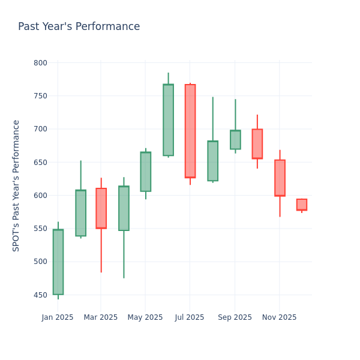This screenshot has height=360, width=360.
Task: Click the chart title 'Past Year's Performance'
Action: pyautogui.click(x=79, y=27)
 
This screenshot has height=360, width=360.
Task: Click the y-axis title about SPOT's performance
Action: pyautogui.click(x=16, y=185)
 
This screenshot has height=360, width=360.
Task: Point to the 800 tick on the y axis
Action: pyautogui.click(x=40, y=63)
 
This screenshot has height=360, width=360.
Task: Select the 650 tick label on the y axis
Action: pyautogui.click(x=40, y=162)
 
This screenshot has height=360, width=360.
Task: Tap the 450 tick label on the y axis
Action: pyautogui.click(x=40, y=295)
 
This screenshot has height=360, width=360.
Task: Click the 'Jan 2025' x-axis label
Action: pyautogui.click(x=58, y=317)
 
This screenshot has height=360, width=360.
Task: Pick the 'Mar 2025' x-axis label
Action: pyautogui.click(x=101, y=317)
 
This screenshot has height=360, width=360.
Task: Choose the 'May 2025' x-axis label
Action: pyautogui.click(x=145, y=317)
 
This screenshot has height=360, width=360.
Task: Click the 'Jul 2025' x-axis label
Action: pyautogui.click(x=190, y=317)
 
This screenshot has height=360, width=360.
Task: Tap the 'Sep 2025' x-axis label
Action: pyautogui.click(x=235, y=317)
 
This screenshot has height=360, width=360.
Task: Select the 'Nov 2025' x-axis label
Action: pyautogui.click(x=280, y=317)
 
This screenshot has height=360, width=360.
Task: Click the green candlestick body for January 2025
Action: pyautogui.click(x=58, y=262)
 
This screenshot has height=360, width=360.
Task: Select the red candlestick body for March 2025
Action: pyautogui.click(x=101, y=208)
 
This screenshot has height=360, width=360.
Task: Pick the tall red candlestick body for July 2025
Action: pyautogui.click(x=190, y=131)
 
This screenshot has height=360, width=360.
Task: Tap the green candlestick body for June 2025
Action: pyautogui.click(x=168, y=120)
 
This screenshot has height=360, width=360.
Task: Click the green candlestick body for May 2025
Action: pyautogui.click(x=145, y=172)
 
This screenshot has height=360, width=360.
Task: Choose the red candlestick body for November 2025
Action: pyautogui.click(x=280, y=178)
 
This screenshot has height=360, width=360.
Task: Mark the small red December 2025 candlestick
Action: pyautogui.click(x=302, y=205)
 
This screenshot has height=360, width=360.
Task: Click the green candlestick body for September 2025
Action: pyautogui.click(x=235, y=140)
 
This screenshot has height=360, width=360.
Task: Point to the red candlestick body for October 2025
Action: pyautogui.click(x=257, y=144)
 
